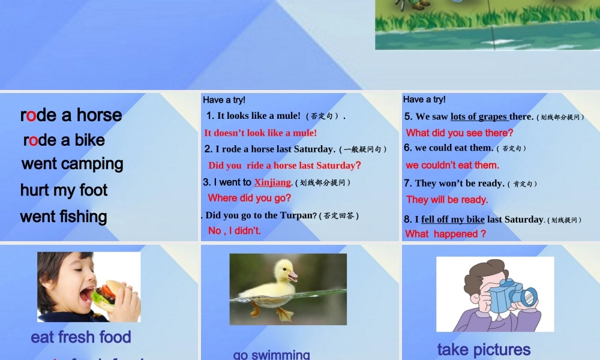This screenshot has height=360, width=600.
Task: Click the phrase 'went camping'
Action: [72, 164]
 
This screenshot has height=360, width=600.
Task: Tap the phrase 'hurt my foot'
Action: [64, 190]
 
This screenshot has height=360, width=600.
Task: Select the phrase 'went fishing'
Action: [64, 217]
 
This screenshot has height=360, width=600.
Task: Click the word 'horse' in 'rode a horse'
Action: [99, 115]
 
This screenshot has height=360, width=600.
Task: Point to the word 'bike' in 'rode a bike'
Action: [89, 140]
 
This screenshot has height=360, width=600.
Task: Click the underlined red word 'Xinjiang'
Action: [272, 182]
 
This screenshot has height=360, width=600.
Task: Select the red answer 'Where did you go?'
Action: [250, 198]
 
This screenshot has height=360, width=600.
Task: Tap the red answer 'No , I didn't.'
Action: [235, 230]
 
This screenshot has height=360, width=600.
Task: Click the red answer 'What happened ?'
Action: [446, 234]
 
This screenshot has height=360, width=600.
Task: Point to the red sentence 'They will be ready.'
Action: [447, 200]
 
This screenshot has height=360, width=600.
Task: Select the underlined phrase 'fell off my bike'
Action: [453, 220]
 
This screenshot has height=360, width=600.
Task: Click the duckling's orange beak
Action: [293, 277]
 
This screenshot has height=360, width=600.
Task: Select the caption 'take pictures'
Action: [484, 349]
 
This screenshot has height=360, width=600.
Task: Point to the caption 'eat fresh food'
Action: [81, 337]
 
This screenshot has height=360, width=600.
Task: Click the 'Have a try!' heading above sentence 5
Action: [424, 100]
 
